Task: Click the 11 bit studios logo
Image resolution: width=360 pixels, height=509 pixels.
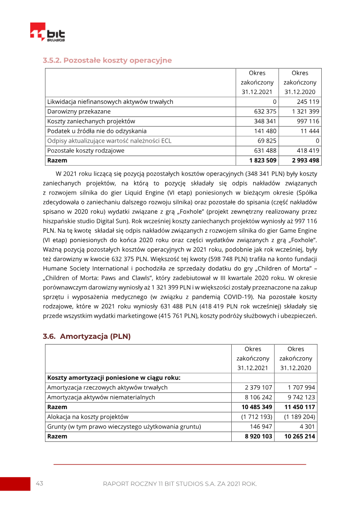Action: coord(47,33)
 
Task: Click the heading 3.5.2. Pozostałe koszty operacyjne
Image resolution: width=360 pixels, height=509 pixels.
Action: coord(107,60)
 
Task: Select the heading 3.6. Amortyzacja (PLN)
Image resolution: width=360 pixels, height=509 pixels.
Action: coord(86,336)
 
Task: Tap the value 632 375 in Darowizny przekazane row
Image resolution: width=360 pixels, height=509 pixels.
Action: coord(265,112)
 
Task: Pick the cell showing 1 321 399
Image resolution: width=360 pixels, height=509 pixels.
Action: coord(305,112)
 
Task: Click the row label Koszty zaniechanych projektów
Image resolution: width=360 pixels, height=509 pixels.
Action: coord(91,122)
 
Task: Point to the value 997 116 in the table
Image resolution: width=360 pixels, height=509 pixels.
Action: coord(308,122)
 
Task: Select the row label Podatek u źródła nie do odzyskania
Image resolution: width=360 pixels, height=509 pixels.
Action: coord(97,131)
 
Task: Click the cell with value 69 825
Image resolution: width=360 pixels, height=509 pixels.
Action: coord(267,141)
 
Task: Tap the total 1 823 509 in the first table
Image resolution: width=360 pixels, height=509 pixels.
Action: coord(262,160)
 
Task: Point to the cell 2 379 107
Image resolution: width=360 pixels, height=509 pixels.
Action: coord(259,387)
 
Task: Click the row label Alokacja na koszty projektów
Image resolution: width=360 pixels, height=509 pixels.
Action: coord(88,417)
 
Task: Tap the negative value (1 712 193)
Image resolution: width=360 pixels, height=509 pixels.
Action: coord(257,417)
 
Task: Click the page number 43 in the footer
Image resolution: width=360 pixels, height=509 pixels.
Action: coord(39,483)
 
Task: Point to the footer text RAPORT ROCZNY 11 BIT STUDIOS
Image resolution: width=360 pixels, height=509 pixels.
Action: coord(180,484)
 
